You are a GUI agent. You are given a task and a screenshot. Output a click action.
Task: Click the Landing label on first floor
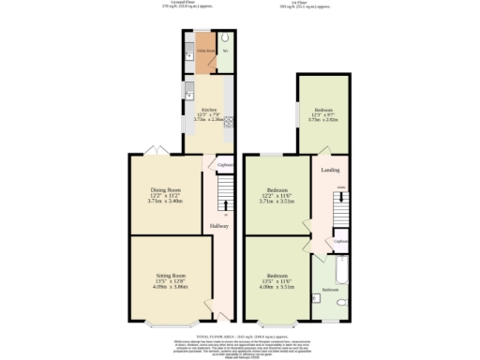[x=331, y=170]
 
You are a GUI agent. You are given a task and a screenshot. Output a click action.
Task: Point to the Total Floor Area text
[x=240, y=334]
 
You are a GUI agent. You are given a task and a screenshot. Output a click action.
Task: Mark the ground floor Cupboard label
[x=225, y=166]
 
